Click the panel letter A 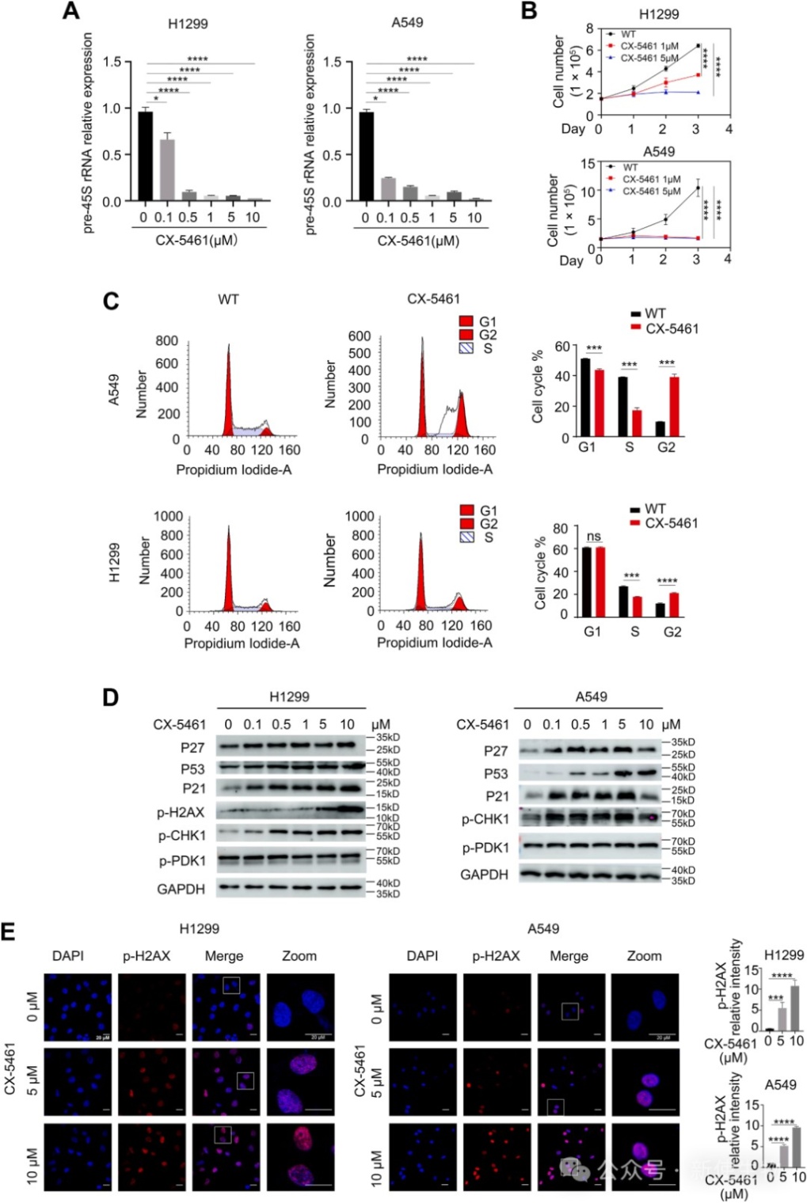[x=72, y=11]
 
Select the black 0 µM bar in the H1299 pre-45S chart [x=145, y=156]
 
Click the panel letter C [x=111, y=301]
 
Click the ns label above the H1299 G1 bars [x=593, y=537]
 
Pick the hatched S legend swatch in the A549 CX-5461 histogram [x=466, y=348]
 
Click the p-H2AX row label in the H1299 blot [x=181, y=812]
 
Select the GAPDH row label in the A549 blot [x=484, y=875]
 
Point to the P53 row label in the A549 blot [x=496, y=773]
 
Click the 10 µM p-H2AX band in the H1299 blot [x=347, y=810]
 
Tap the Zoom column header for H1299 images [x=299, y=956]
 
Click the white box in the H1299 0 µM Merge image [x=231, y=985]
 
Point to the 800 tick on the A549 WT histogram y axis [x=166, y=340]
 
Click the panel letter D [x=111, y=697]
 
